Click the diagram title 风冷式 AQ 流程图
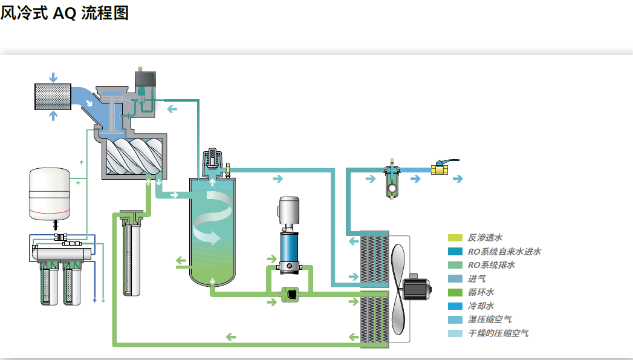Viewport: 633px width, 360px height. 65,13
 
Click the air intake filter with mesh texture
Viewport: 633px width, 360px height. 53,97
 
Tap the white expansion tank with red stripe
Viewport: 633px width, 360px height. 49,194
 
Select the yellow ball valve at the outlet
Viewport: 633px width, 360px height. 440,169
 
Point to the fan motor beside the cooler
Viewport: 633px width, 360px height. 417,288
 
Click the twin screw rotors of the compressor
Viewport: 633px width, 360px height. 134,156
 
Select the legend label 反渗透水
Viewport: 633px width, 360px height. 485,238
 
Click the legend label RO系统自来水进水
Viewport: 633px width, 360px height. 504,251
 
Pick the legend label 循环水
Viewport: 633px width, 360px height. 481,292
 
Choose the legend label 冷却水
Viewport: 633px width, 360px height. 481,306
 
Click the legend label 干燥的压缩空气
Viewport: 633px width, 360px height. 498,333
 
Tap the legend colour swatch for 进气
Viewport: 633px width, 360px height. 455,279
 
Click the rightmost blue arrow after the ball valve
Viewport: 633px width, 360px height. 458,178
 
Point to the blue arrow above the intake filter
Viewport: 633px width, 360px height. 53,77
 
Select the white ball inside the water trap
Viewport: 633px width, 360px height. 392,188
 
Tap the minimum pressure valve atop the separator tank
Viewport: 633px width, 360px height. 212,161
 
